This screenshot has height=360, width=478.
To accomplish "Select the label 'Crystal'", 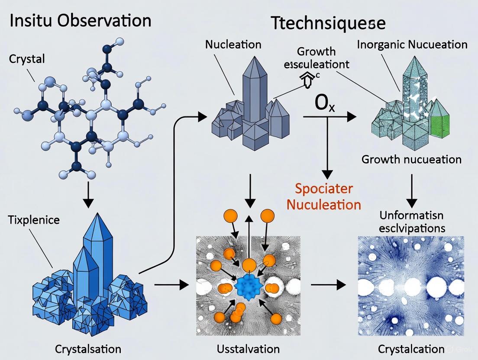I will (x=27, y=59).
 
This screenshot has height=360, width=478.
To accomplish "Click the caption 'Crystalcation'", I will (x=411, y=349).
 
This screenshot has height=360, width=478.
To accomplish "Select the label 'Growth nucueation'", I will (x=411, y=159).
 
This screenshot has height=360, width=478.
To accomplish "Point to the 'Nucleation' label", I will (x=233, y=44).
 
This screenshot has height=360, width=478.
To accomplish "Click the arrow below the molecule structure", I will (x=88, y=196).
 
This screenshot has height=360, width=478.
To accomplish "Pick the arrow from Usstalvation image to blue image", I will (x=328, y=285).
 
